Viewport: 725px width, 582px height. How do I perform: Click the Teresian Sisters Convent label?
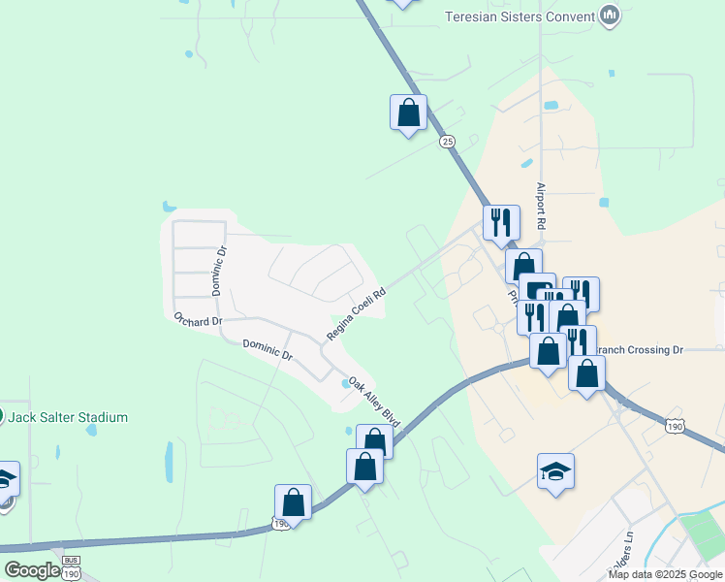[519, 16]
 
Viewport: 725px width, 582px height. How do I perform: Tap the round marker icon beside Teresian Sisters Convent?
[610, 16]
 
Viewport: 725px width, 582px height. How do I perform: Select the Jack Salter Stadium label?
[69, 417]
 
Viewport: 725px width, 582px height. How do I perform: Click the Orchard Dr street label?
[198, 319]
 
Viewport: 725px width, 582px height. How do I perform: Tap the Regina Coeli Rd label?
[356, 312]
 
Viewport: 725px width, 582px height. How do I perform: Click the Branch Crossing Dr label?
[639, 349]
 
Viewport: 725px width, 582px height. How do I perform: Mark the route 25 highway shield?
[447, 142]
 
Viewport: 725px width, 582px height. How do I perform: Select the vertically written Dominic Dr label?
[219, 270]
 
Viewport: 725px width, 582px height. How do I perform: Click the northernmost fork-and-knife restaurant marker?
[501, 221]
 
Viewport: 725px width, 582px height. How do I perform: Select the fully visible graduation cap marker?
[555, 471]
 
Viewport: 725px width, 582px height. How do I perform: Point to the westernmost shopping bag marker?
[293, 502]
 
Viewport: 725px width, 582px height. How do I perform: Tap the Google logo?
[32, 570]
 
